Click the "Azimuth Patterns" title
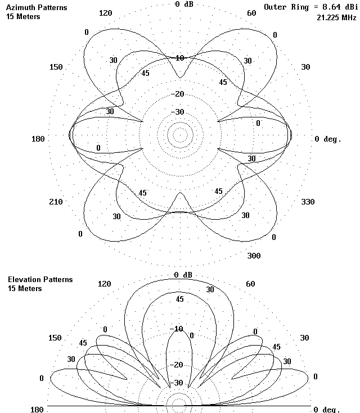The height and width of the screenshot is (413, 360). [x=37, y=8]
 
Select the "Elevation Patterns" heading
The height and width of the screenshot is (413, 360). [x=40, y=279]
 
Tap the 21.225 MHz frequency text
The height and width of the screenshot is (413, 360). [x=336, y=17]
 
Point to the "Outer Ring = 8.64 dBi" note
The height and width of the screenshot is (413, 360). [x=310, y=8]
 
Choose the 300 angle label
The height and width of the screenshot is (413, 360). [x=254, y=256]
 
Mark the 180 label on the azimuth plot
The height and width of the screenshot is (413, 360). [x=40, y=139]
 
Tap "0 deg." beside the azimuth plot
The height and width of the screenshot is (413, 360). [x=327, y=139]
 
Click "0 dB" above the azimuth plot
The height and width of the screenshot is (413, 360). [x=184, y=4]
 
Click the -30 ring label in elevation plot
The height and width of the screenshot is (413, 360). [x=178, y=383]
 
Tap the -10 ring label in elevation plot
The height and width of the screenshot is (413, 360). [x=178, y=329]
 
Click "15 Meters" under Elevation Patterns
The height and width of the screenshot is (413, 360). [x=25, y=288]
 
